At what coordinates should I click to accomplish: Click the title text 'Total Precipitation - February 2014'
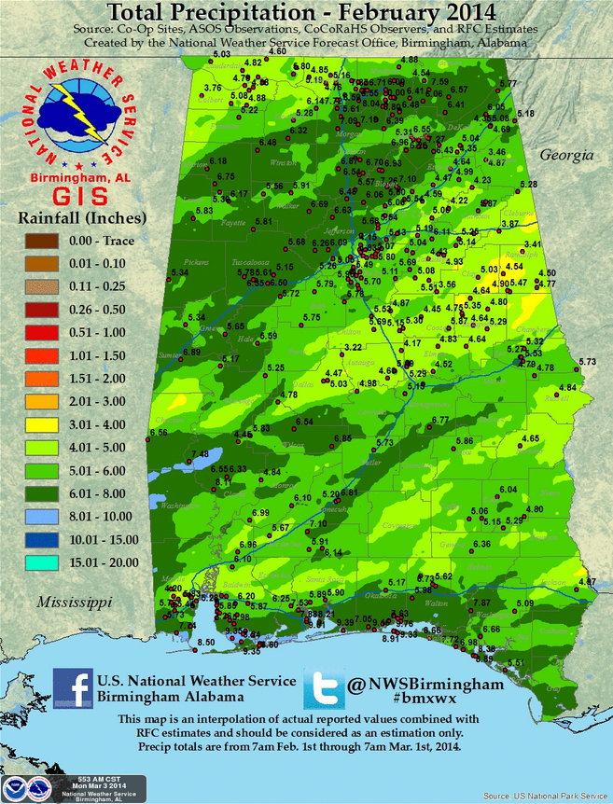coord(306,13)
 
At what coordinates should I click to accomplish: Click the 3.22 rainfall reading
coord(353,348)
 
